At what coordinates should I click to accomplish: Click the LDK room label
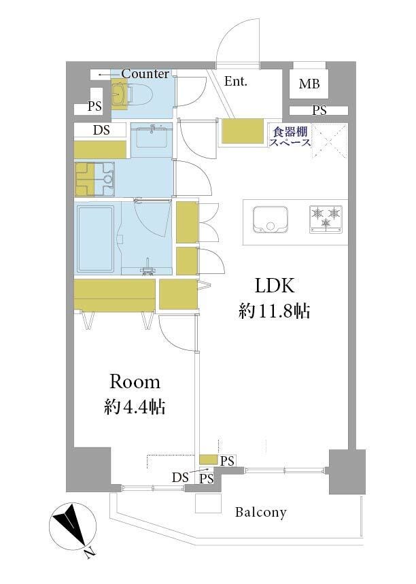click(275, 286)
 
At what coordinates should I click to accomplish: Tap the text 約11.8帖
click(275, 311)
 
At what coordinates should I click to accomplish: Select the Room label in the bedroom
click(135, 382)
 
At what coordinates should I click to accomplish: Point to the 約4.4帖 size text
click(135, 407)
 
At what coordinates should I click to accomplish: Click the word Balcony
click(261, 513)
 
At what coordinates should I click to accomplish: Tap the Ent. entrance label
click(236, 81)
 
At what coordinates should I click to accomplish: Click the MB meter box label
click(309, 84)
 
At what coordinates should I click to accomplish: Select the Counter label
click(145, 73)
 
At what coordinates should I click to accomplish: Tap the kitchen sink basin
click(271, 220)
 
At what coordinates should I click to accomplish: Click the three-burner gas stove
click(326, 220)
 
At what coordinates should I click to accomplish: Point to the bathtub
click(95, 239)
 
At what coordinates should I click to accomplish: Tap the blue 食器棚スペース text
click(290, 137)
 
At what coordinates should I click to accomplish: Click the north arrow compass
click(73, 526)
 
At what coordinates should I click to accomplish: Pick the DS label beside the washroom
click(101, 130)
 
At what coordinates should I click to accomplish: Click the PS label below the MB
click(319, 111)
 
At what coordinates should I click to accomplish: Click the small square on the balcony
click(208, 503)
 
